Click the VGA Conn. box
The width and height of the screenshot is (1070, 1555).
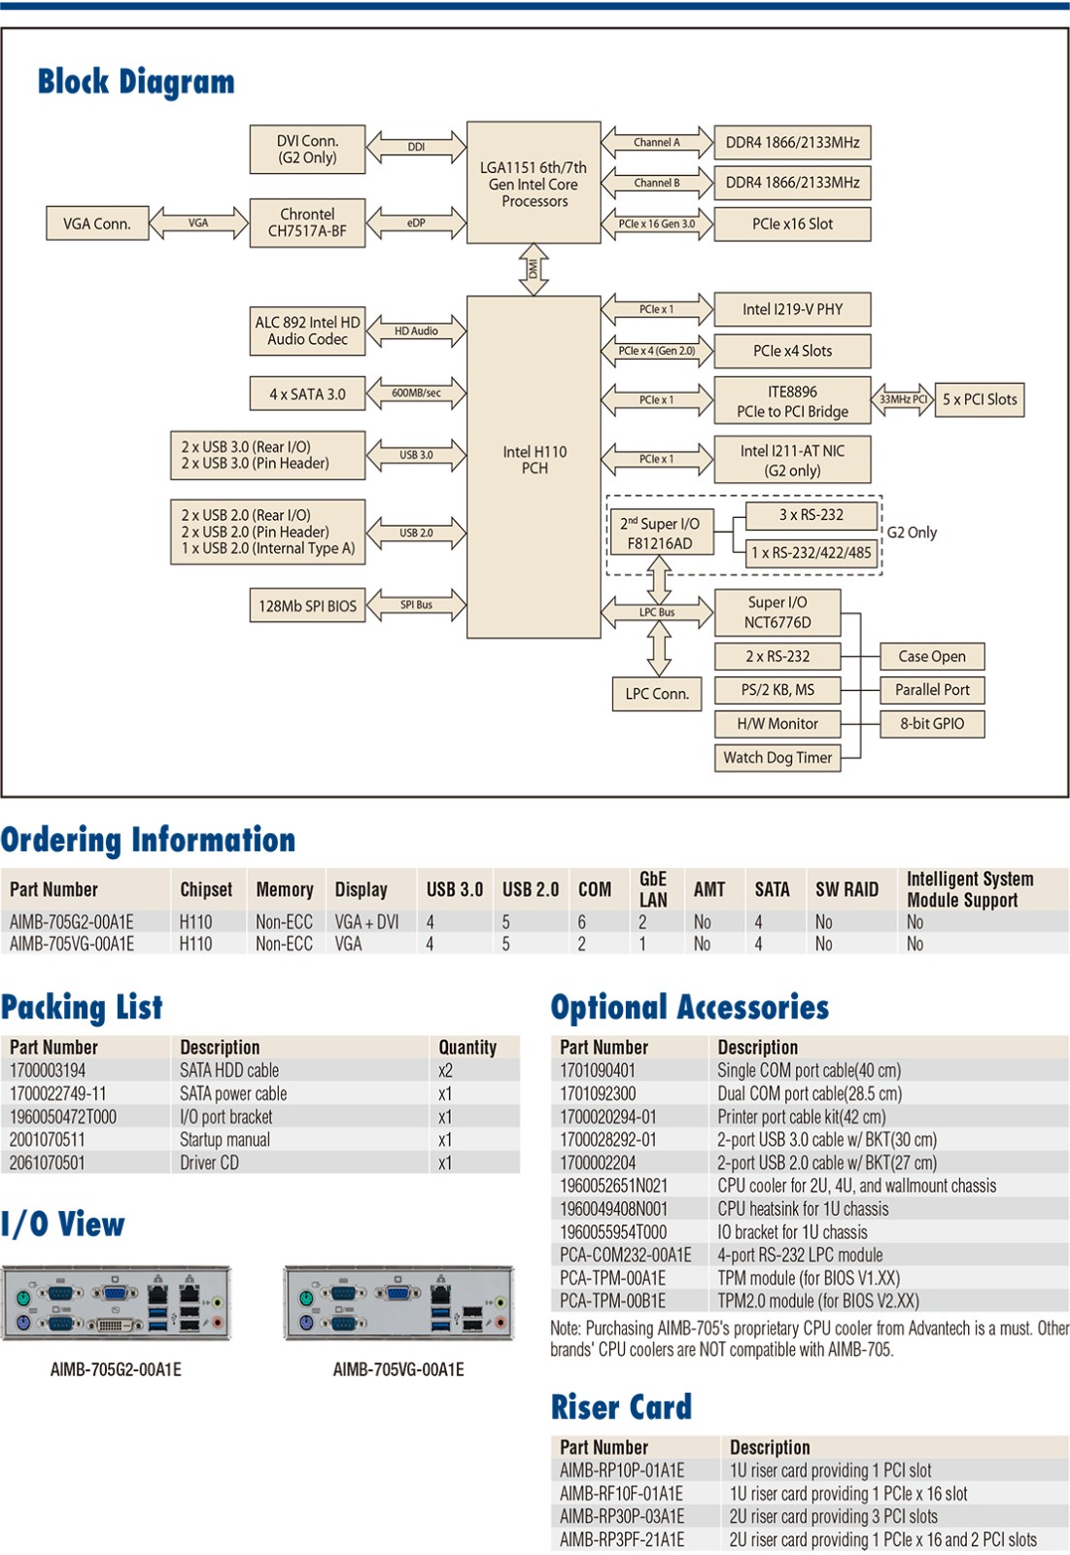pyautogui.click(x=97, y=224)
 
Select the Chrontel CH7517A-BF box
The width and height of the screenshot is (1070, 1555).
pyautogui.click(x=307, y=223)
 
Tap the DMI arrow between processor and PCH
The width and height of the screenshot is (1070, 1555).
pyautogui.click(x=534, y=269)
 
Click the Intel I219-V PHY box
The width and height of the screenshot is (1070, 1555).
pyautogui.click(x=792, y=309)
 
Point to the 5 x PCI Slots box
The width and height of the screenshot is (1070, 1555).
pyautogui.click(x=979, y=399)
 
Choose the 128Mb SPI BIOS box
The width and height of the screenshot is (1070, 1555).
pyautogui.click(x=307, y=605)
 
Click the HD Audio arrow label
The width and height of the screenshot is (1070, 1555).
pyautogui.click(x=416, y=331)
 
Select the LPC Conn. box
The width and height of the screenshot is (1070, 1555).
pyautogui.click(x=657, y=694)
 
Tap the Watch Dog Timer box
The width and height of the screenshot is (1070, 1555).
pyautogui.click(x=777, y=757)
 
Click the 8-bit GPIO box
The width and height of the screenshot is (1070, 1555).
pyautogui.click(x=932, y=723)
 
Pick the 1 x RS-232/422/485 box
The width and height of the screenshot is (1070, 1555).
pyautogui.click(x=812, y=553)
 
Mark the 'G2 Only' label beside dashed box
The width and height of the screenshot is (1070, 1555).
pyautogui.click(x=912, y=533)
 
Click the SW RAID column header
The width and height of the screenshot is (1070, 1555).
pyautogui.click(x=846, y=889)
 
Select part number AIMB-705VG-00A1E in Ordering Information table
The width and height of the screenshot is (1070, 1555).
pyautogui.click(x=72, y=944)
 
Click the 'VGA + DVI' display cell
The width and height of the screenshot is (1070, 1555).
pyautogui.click(x=366, y=921)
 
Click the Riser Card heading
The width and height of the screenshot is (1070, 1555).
pyautogui.click(x=621, y=1406)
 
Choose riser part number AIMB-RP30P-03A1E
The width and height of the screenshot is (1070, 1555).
pyautogui.click(x=622, y=1516)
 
